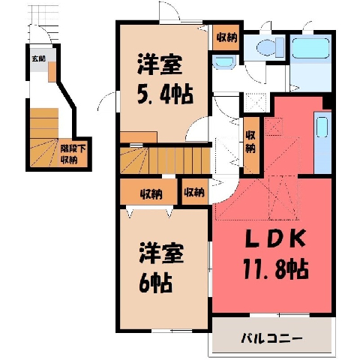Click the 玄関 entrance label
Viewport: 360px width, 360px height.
click(x=38, y=59)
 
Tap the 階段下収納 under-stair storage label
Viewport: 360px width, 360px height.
click(x=73, y=154)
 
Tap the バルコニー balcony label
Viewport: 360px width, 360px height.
click(x=271, y=338)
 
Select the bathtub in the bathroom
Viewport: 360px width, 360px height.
click(x=310, y=48)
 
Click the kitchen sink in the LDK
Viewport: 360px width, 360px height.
click(x=322, y=127)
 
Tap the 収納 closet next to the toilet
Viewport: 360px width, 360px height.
click(x=226, y=37)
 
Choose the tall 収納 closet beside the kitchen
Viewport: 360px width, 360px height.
click(x=251, y=145)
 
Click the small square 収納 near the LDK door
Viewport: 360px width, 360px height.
click(x=195, y=192)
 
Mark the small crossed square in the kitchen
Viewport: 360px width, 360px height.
click(x=274, y=126)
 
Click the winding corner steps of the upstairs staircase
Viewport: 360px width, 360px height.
click(x=134, y=160)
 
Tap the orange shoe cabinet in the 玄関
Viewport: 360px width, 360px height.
click(x=52, y=72)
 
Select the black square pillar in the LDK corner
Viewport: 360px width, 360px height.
click(x=326, y=102)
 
